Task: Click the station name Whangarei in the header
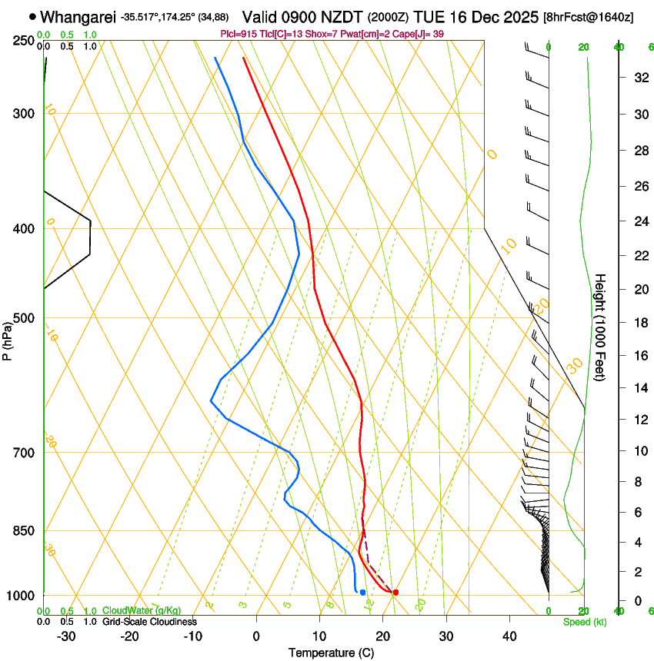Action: click(78, 17)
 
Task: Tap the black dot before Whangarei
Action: click(32, 16)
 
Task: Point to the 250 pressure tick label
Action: click(22, 41)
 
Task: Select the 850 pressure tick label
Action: click(22, 531)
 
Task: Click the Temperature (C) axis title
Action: click(331, 653)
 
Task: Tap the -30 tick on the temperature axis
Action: click(66, 636)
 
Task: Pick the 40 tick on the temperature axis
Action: click(509, 636)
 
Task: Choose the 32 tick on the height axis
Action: click(639, 77)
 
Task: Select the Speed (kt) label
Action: click(584, 622)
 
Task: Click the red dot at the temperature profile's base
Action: click(395, 593)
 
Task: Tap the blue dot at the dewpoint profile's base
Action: click(362, 592)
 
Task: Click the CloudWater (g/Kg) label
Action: click(142, 611)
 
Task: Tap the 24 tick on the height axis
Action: click(639, 221)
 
